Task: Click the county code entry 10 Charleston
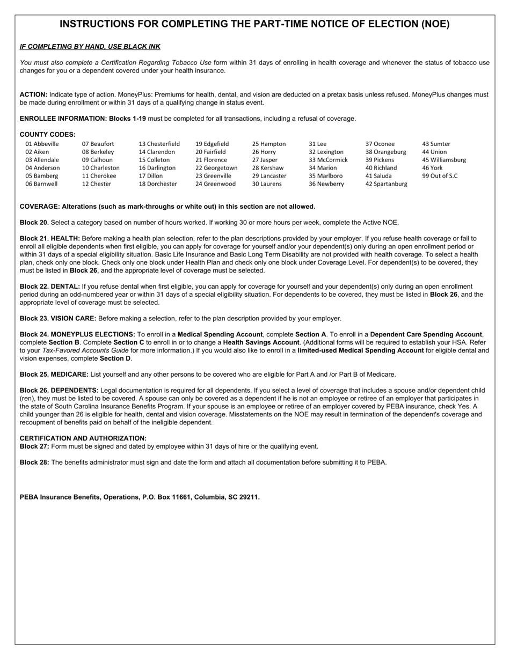click(100, 168)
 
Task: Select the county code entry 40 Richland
click(381, 168)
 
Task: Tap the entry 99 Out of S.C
click(440, 176)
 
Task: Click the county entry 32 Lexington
click(326, 152)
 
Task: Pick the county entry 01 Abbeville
click(42, 144)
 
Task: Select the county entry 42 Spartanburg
click(386, 184)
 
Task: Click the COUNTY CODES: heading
click(47, 135)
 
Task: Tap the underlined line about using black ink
click(90, 47)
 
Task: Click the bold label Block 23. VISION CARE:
click(58, 319)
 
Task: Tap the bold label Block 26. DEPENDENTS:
click(59, 391)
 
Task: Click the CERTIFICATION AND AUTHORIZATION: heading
click(83, 438)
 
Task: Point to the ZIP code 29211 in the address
click(248, 497)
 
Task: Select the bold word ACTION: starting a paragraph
click(33, 94)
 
